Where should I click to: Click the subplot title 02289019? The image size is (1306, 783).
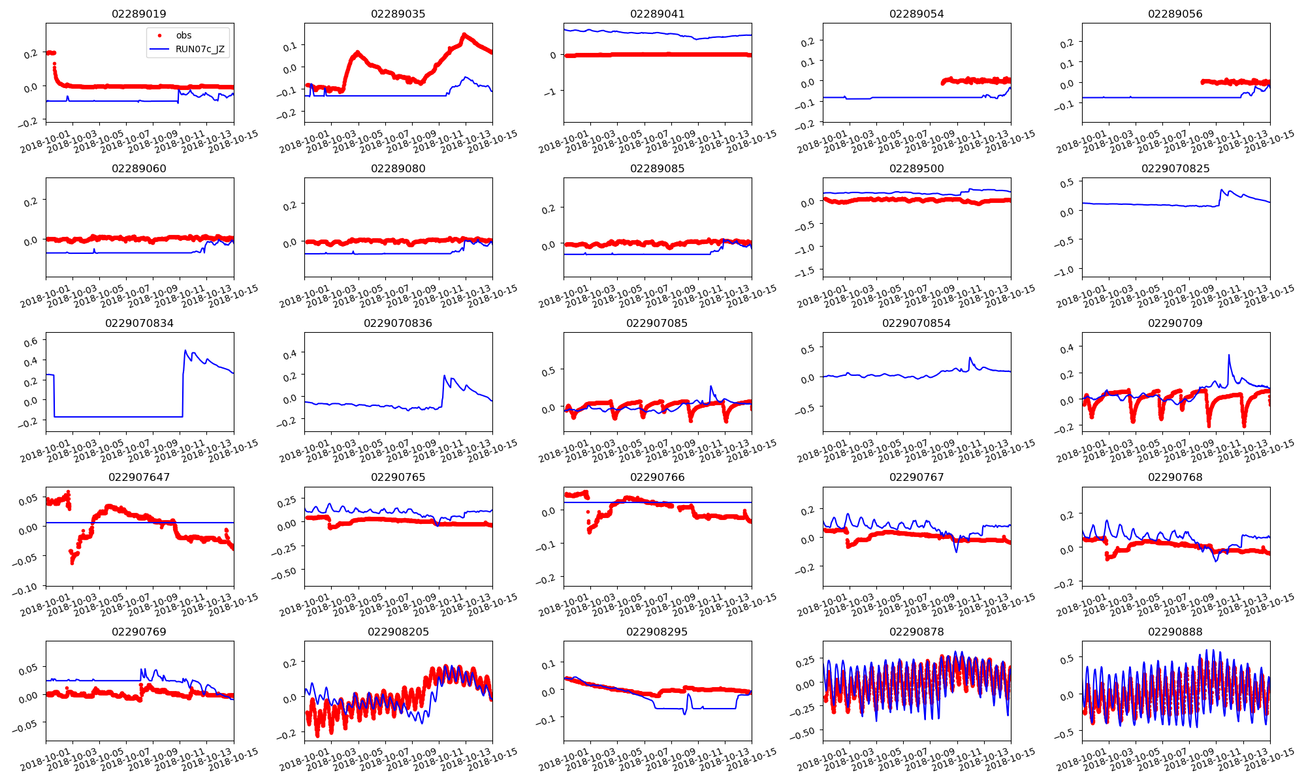(139, 14)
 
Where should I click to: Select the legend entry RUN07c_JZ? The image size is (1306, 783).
(200, 49)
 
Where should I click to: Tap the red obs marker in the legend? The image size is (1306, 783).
(159, 35)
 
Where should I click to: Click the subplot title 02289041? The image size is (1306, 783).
(657, 14)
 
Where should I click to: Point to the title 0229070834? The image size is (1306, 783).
(139, 323)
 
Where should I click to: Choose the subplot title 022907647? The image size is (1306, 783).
(139, 477)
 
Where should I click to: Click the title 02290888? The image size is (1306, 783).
(1175, 632)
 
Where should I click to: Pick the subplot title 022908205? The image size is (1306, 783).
(398, 632)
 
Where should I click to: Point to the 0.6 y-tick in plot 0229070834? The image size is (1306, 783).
(31, 341)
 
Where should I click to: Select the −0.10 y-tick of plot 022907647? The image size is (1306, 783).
(26, 587)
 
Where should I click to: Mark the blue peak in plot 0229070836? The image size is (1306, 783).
(445, 376)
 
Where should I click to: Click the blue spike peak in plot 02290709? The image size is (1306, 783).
(1228, 355)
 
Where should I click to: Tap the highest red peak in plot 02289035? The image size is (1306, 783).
(464, 34)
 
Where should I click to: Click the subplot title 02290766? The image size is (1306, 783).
(657, 477)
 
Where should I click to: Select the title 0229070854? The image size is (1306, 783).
(916, 323)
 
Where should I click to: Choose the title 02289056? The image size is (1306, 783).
(1175, 14)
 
